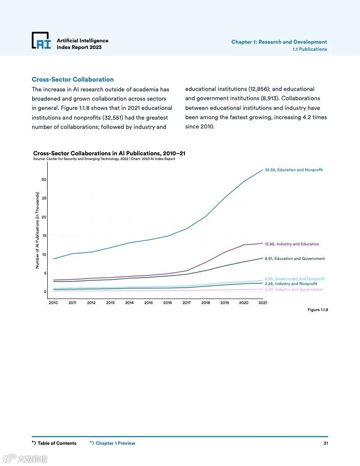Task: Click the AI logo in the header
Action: click(41, 41)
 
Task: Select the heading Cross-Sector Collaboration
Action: click(72, 79)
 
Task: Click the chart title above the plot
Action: click(109, 153)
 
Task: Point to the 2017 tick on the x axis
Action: click(187, 303)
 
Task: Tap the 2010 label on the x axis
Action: click(53, 303)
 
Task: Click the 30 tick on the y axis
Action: click(44, 180)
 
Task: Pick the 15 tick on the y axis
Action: click(44, 236)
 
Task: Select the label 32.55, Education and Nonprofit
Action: click(293, 170)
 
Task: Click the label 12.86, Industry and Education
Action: click(292, 244)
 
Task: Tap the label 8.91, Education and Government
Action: click(294, 259)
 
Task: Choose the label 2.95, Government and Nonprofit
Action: click(295, 279)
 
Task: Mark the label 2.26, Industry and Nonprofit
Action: click(291, 284)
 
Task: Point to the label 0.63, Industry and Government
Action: click(293, 289)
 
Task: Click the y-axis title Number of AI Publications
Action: click(37, 230)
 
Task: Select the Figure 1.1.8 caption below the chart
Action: click(318, 310)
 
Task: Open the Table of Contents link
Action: click(54, 443)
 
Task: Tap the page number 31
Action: click(326, 443)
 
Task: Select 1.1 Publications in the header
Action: click(310, 49)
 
